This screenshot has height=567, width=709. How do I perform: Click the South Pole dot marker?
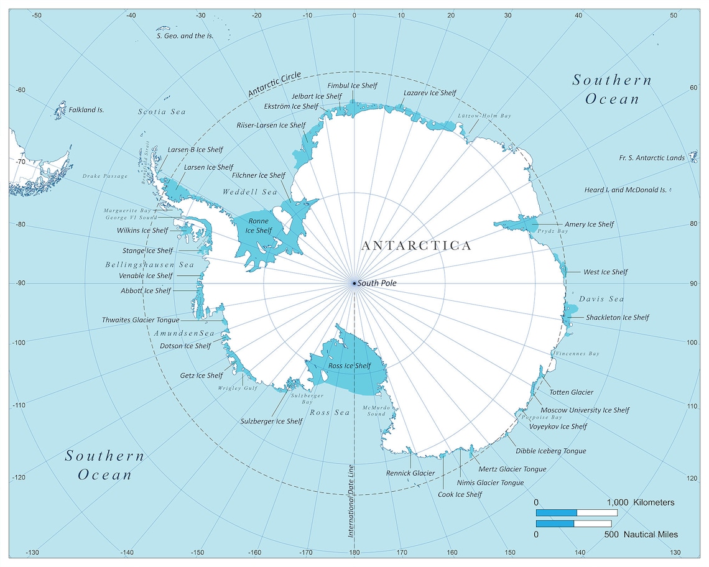354,283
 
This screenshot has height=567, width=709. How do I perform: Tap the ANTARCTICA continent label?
416,246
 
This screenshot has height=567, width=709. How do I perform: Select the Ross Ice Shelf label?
349,366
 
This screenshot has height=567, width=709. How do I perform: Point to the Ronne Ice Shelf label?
258,225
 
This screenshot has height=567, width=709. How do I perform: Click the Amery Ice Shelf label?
588,224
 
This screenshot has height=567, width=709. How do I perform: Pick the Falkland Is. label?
86,110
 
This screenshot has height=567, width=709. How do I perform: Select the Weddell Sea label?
250,193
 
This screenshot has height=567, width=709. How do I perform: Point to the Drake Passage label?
104,177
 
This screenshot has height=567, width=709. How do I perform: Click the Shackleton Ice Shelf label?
617,318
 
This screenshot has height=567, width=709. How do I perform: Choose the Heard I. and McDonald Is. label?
625,190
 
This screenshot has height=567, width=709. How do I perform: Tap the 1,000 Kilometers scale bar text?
641,502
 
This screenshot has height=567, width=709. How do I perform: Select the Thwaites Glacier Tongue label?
141,320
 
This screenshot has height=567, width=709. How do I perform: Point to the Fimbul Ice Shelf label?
352,86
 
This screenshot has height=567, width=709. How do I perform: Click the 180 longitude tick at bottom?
354,553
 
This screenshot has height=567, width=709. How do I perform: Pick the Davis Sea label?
601,299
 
